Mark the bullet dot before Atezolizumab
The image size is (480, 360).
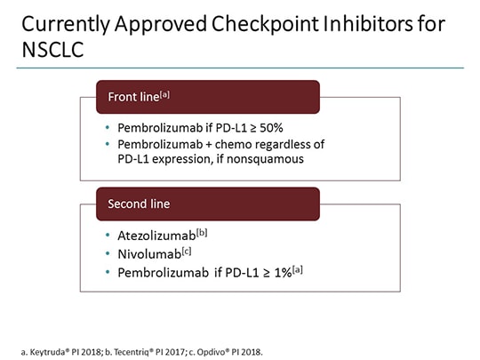108,236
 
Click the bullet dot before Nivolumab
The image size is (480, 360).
108,255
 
